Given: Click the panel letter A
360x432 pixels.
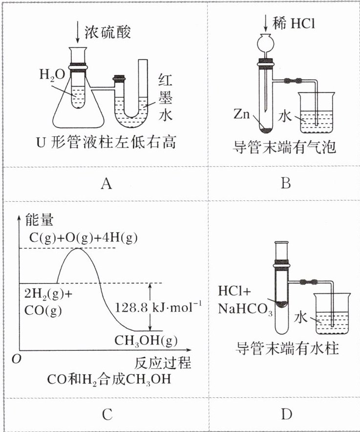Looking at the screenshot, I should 106,183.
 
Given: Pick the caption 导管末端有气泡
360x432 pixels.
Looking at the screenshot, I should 287,146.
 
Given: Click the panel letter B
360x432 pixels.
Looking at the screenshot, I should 286,183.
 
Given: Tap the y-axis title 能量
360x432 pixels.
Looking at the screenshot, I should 38,221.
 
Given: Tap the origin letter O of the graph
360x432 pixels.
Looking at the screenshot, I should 17,359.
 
